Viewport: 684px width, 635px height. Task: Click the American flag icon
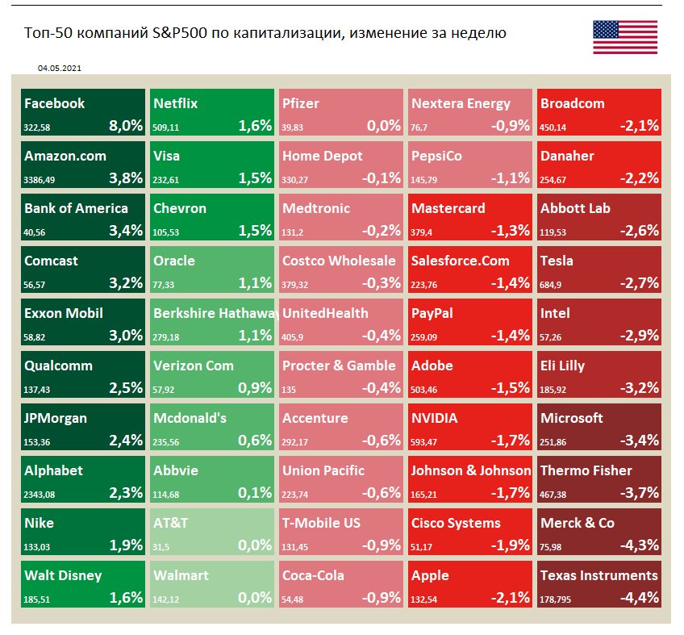click(x=624, y=37)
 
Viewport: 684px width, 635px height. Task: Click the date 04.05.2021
click(x=59, y=69)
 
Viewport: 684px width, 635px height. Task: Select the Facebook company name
click(x=54, y=103)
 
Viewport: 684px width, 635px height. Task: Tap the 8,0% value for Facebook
click(x=126, y=125)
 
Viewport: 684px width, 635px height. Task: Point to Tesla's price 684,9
click(x=552, y=284)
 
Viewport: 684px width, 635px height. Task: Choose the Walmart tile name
click(x=181, y=575)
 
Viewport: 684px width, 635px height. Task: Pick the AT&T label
click(x=170, y=523)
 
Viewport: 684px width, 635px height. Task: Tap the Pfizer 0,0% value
click(x=384, y=125)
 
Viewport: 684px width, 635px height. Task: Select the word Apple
click(x=430, y=575)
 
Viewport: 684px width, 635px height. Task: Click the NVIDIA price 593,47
click(x=426, y=441)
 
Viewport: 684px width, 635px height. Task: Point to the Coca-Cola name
click(x=313, y=575)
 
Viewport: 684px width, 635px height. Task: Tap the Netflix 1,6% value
click(x=255, y=125)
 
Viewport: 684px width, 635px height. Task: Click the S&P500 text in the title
click(x=180, y=33)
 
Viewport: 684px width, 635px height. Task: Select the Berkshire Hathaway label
click(x=215, y=313)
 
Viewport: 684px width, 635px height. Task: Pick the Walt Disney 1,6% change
click(x=126, y=598)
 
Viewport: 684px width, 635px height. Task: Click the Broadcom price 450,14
click(x=555, y=127)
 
